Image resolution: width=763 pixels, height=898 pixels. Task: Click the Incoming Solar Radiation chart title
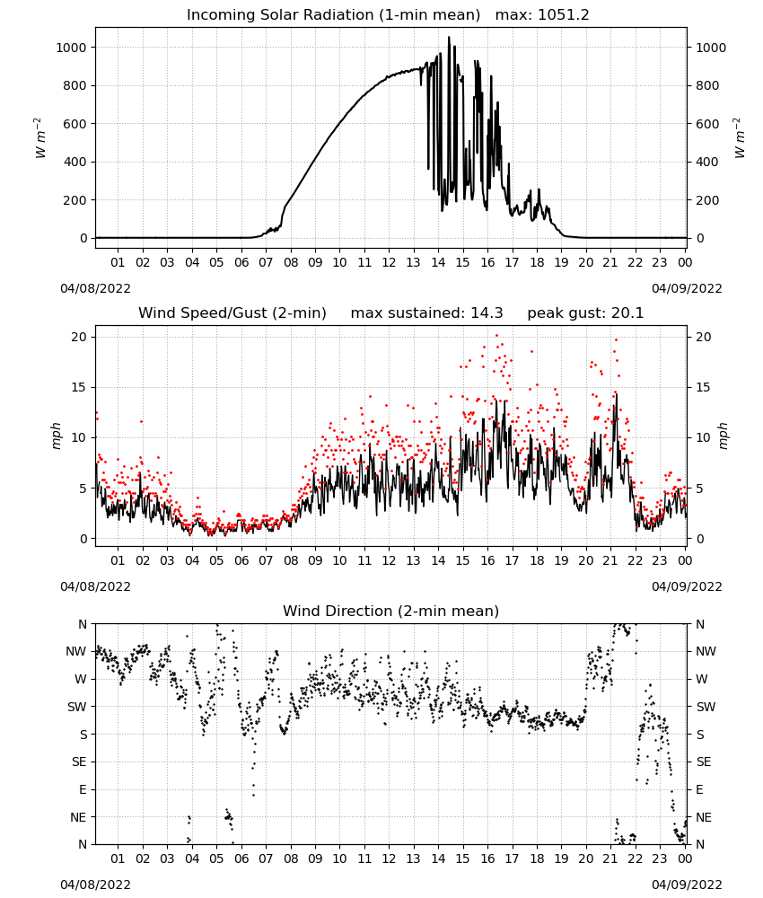pos(333,15)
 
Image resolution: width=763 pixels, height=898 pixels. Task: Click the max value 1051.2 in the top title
pos(563,15)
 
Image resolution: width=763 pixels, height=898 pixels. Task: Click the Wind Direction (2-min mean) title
pos(391,611)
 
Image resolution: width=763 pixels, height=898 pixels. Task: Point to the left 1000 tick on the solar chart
pos(71,48)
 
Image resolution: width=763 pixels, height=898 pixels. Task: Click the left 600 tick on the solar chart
pos(75,124)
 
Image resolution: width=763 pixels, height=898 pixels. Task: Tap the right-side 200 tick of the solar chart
pos(707,200)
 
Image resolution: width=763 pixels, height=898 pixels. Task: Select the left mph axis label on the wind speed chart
pos(56,436)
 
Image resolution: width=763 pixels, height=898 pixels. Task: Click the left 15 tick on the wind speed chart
pos(79,388)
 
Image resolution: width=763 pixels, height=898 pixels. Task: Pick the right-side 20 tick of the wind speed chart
pos(704,338)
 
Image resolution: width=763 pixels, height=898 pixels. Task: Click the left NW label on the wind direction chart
pos(76,652)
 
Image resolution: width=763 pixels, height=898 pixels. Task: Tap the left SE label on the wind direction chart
pos(80,762)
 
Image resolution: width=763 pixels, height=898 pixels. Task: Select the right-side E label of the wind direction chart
pos(699,789)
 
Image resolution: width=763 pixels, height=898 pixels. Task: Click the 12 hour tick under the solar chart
pos(389,262)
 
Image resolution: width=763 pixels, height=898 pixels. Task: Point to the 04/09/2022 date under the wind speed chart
pos(687,586)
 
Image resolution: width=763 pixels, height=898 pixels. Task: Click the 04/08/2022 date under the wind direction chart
pos(95,885)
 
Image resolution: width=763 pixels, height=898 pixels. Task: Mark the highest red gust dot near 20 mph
pos(496,336)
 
